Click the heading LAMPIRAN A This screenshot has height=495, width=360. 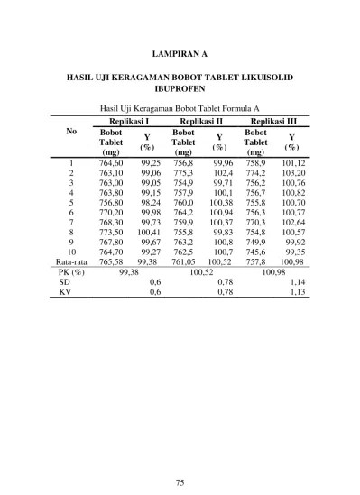point(180,53)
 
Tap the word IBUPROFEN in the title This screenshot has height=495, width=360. point(180,90)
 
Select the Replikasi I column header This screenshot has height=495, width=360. point(129,121)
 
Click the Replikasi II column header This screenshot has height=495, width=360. point(201,121)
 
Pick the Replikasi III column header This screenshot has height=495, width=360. point(274,121)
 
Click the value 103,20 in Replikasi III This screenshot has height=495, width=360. point(293,173)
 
